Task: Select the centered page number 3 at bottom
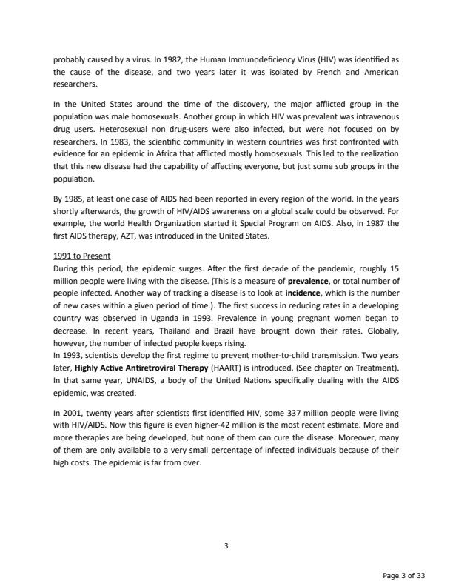coord(226,546)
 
